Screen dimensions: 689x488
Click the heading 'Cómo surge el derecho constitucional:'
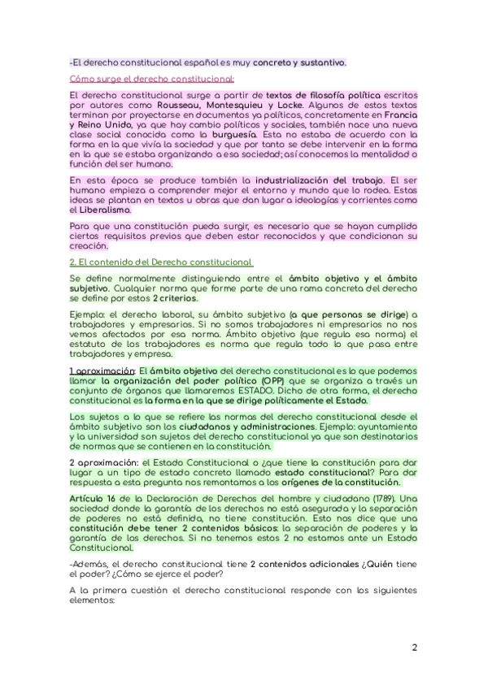tap(152, 79)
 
